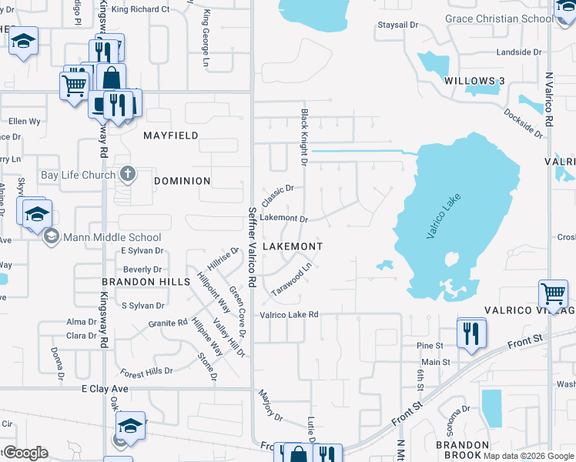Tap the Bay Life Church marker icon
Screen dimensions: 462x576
tap(128, 175)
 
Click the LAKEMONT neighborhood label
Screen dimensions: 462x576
tap(293, 246)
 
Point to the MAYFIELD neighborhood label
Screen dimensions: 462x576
tap(170, 136)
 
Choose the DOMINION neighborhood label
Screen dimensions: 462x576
tap(182, 181)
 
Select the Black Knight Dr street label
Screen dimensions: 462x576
tap(304, 138)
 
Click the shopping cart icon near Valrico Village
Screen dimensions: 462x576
tap(553, 293)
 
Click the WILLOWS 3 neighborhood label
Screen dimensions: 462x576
tap(474, 81)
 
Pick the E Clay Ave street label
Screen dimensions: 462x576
tap(105, 390)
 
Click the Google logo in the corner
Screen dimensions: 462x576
tap(25, 453)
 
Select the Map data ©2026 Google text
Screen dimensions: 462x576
tap(528, 455)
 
